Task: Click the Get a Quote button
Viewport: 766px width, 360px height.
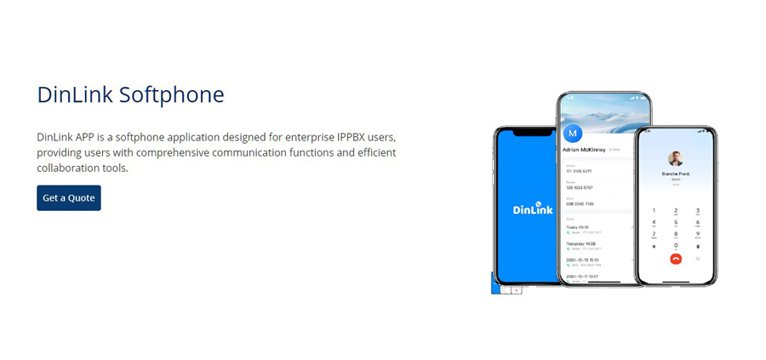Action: [x=69, y=198]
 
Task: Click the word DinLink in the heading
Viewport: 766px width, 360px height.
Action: [x=74, y=94]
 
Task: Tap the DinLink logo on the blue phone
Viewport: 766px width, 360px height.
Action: [x=533, y=208]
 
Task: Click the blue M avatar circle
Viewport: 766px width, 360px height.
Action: [x=573, y=133]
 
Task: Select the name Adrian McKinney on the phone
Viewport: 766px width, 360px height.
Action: [x=584, y=150]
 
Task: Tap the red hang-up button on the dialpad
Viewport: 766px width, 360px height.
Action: [x=676, y=259]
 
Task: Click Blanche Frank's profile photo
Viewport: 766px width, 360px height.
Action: [x=676, y=158]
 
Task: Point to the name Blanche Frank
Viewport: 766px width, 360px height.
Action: [x=676, y=174]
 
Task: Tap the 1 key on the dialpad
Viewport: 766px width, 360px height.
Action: [x=654, y=209]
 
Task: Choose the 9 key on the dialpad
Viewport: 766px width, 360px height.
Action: [x=698, y=234]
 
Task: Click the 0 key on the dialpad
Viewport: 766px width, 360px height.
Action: [x=676, y=246]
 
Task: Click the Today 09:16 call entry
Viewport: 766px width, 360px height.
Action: [x=579, y=227]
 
